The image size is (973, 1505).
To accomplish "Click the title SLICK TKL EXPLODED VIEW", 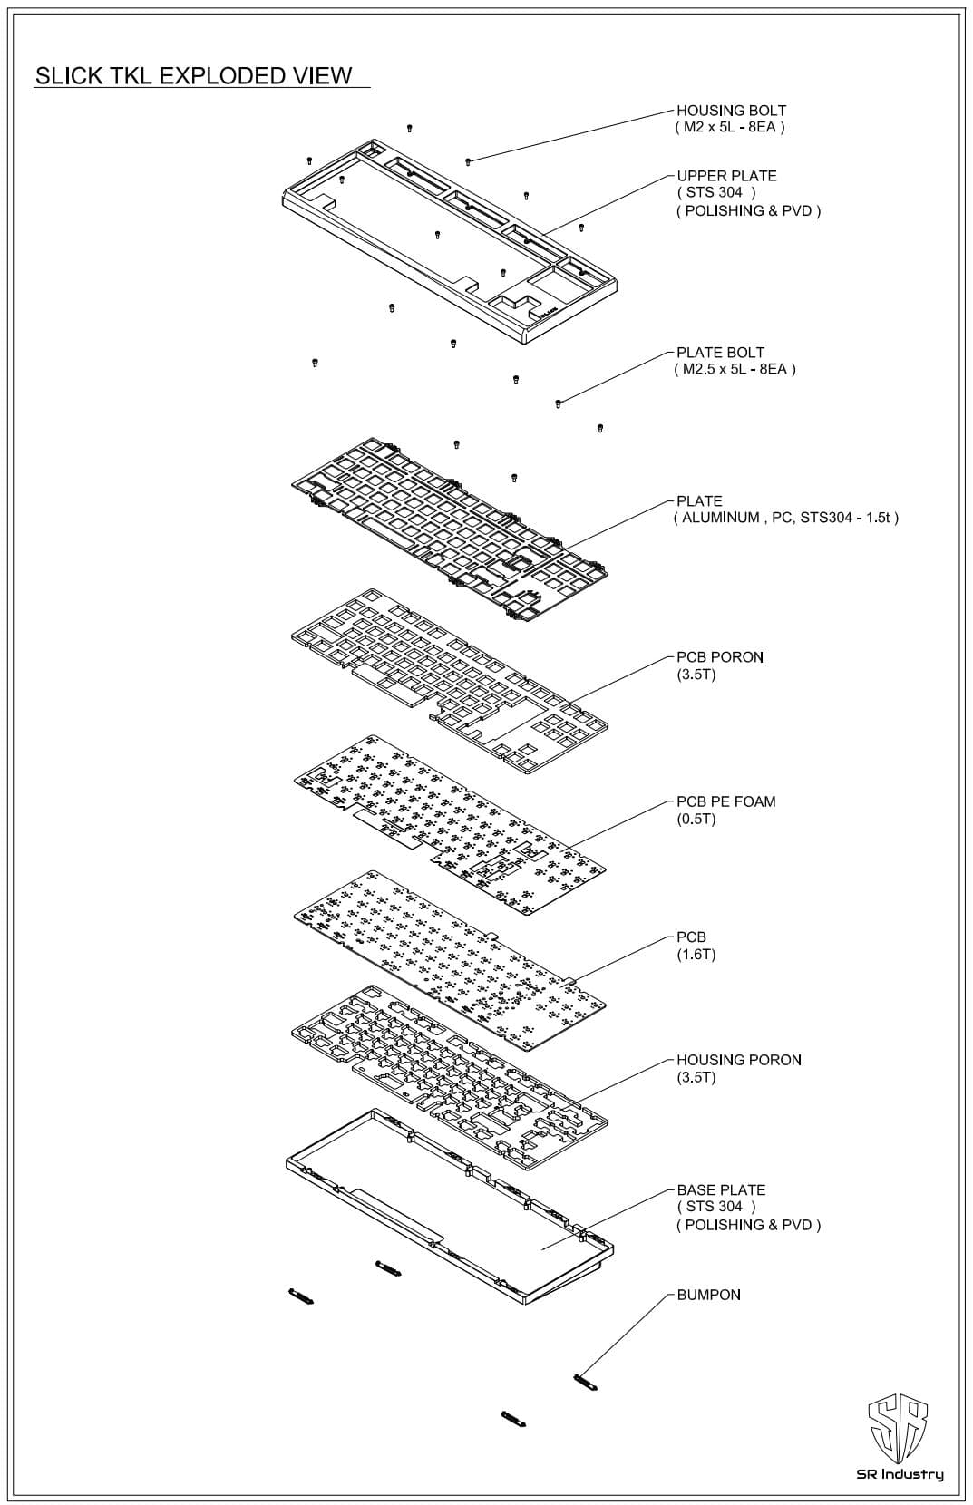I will (x=193, y=75).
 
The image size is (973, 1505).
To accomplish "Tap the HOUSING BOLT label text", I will (x=731, y=111).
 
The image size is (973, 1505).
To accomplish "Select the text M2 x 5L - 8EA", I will (x=729, y=128).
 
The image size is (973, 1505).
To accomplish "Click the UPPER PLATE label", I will (x=726, y=176).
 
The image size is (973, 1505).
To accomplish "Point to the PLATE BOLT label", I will (x=720, y=353).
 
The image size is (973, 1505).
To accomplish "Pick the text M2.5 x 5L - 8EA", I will (x=735, y=370).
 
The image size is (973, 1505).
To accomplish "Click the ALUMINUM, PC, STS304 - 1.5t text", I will (x=785, y=519).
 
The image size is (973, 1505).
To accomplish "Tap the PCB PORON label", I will (x=720, y=657).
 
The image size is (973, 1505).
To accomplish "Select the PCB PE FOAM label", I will (x=725, y=801).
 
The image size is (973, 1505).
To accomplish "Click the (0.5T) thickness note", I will (x=696, y=820).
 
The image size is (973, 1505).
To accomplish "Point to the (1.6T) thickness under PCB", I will (x=696, y=955).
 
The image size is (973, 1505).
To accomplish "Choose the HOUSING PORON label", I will (x=738, y=1060).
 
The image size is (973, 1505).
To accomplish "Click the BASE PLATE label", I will (x=721, y=1189).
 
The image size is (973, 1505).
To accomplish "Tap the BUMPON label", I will (x=708, y=1295).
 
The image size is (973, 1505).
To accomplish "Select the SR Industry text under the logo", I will (x=900, y=1475).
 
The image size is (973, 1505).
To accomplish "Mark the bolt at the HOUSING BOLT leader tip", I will (x=468, y=161).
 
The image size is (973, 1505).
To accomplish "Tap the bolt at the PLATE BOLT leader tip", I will (x=559, y=403).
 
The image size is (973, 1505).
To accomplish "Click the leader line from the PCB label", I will (x=626, y=959).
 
